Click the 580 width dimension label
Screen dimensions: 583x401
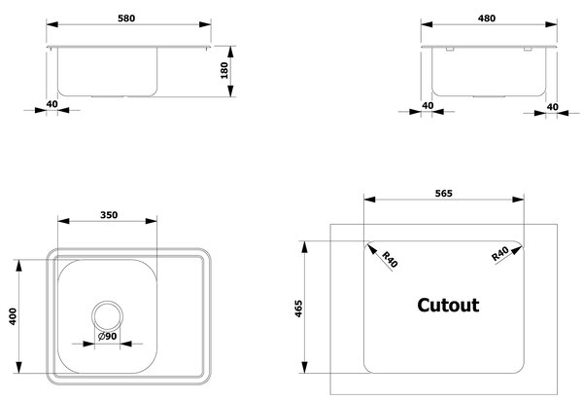click(x=126, y=18)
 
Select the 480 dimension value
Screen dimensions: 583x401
click(x=487, y=18)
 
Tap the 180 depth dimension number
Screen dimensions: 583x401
click(x=224, y=71)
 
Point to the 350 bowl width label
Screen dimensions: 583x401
click(x=109, y=215)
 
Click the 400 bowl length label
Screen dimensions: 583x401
click(x=13, y=316)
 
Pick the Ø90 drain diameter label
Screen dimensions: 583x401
click(x=108, y=336)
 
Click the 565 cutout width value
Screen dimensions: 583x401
click(x=444, y=194)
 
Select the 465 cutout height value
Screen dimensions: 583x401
click(x=298, y=309)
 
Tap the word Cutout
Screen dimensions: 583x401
click(x=448, y=305)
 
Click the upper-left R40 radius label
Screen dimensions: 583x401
click(x=390, y=259)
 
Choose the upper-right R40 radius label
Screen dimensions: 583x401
click(x=500, y=254)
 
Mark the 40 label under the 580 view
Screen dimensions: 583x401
click(x=52, y=104)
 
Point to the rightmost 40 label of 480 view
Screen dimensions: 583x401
click(x=553, y=107)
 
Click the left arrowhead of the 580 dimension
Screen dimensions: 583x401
click(x=52, y=24)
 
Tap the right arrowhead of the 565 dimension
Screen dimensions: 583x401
click(x=518, y=200)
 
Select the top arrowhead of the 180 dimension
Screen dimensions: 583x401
click(x=230, y=53)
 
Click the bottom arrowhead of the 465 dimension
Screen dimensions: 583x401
click(x=305, y=367)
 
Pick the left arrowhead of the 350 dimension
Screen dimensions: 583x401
click(x=63, y=221)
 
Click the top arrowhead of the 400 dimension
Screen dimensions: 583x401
click(x=19, y=266)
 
